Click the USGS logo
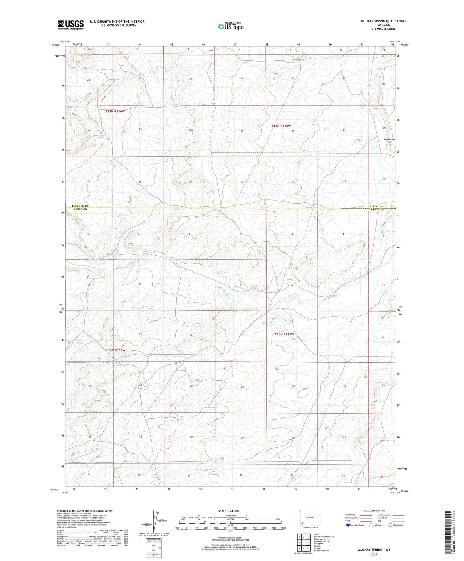pyautogui.click(x=71, y=25)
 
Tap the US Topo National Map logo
pyautogui.click(x=230, y=26)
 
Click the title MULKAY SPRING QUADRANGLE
pyautogui.click(x=384, y=21)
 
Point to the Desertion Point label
pyautogui.click(x=389, y=141)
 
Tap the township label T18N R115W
pyautogui.click(x=284, y=334)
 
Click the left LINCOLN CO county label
pyautogui.click(x=80, y=206)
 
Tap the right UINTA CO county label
pyautogui.click(x=378, y=210)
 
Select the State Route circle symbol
pyautogui.click(x=390, y=525)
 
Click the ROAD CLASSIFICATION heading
pyautogui.click(x=374, y=511)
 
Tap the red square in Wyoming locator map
pyautogui.click(x=303, y=524)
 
